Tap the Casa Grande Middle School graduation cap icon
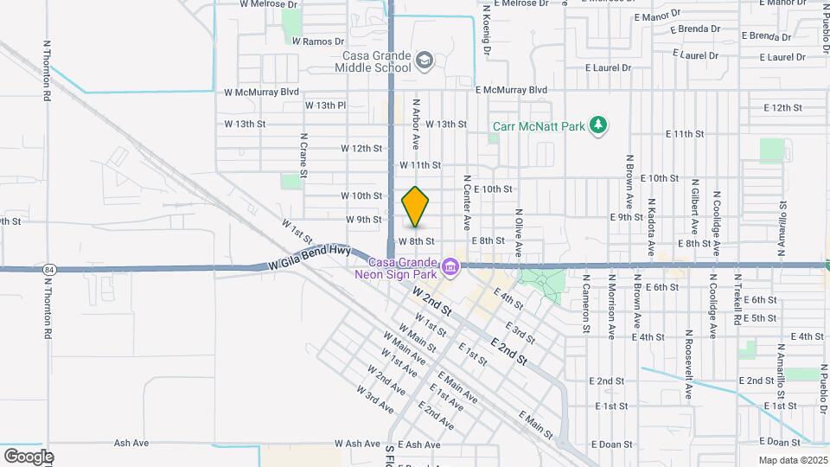pos(425,61)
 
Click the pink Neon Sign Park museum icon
pos(450,269)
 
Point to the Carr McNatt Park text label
pos(539,126)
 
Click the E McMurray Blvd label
pos(512,90)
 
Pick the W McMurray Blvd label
pos(261,92)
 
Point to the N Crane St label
pos(304,155)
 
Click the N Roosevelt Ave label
pos(689,364)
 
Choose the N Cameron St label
pos(586,304)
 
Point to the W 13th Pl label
pos(325,106)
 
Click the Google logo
pos(29,456)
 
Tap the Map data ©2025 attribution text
pos(793,460)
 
